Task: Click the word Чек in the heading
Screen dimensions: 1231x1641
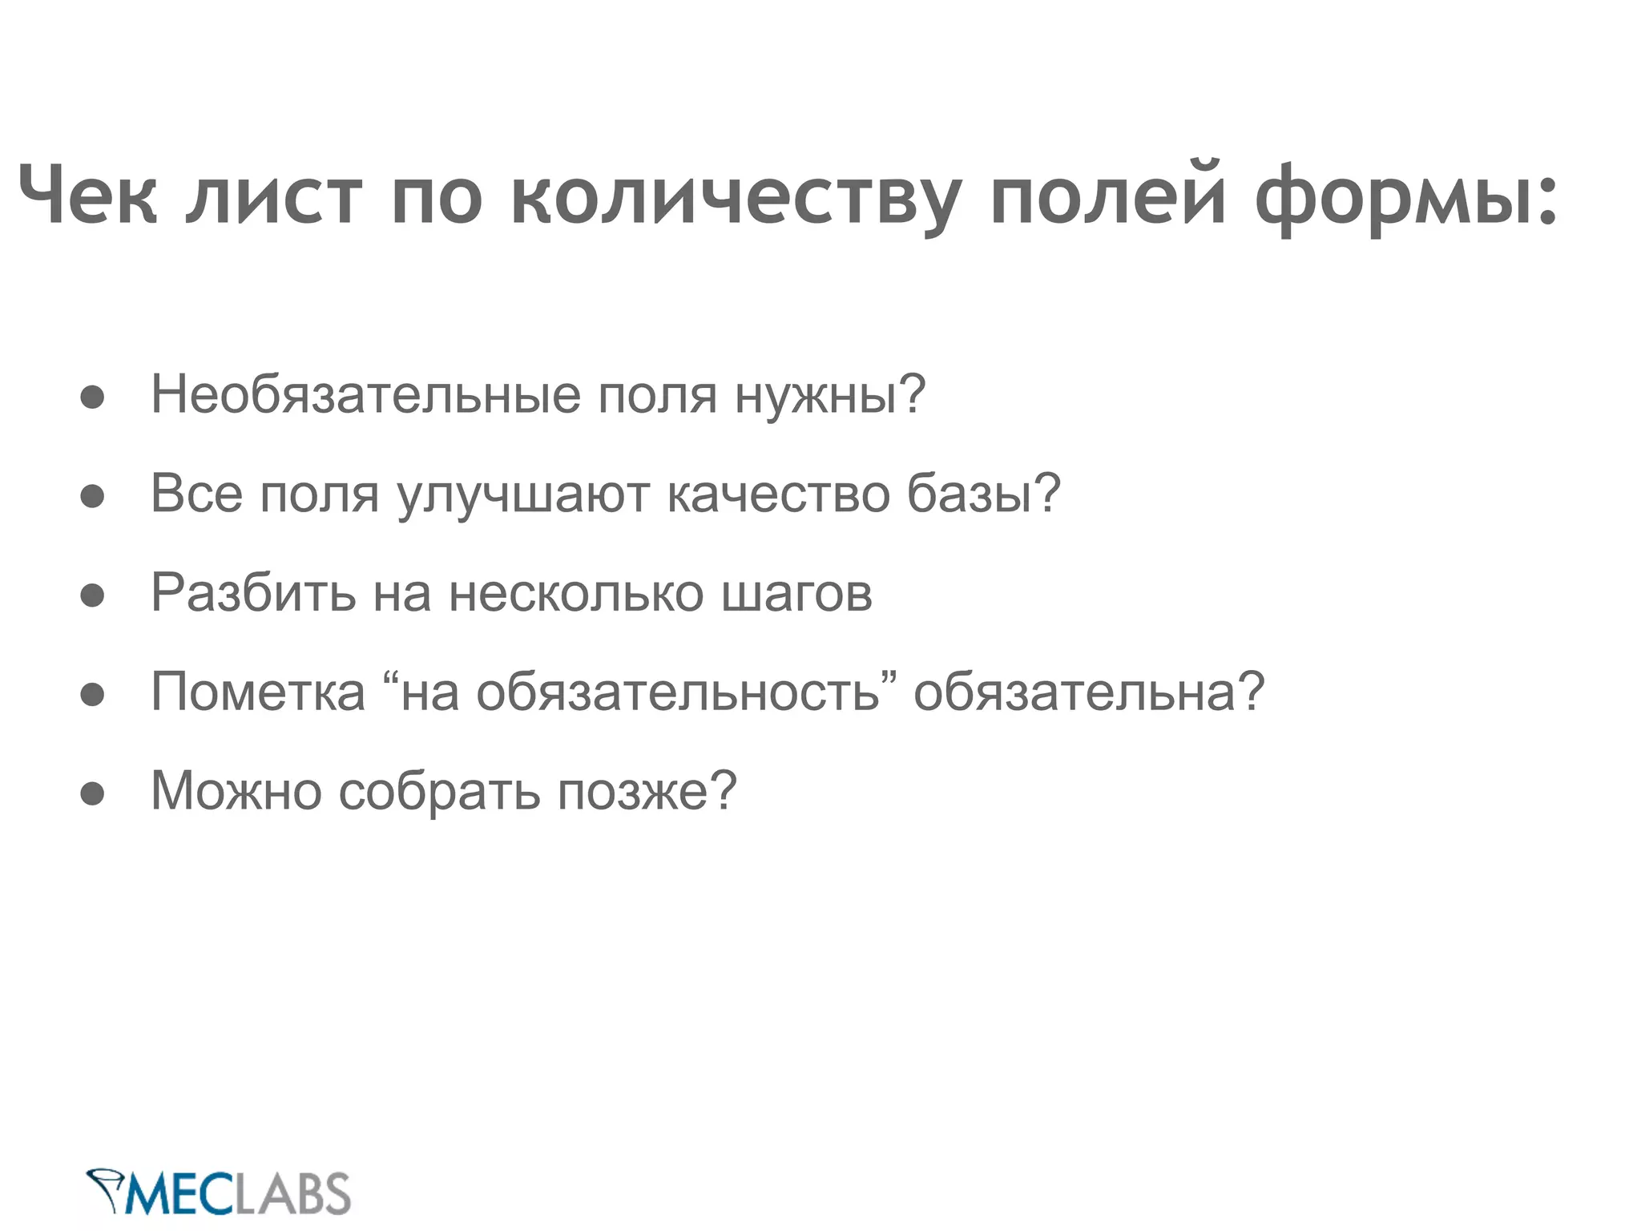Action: click(x=87, y=195)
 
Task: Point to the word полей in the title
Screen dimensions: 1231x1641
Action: click(x=1108, y=195)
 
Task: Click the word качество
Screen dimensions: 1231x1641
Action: click(x=778, y=494)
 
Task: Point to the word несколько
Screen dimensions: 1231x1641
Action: click(x=576, y=594)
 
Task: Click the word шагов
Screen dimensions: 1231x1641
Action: click(x=796, y=594)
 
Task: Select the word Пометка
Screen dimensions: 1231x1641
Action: click(x=258, y=692)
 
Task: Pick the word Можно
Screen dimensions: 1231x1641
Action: click(x=236, y=791)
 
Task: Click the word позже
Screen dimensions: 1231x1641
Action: click(x=646, y=791)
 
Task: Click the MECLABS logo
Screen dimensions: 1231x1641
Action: click(x=218, y=1193)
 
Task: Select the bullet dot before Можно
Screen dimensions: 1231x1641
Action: click(x=93, y=793)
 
